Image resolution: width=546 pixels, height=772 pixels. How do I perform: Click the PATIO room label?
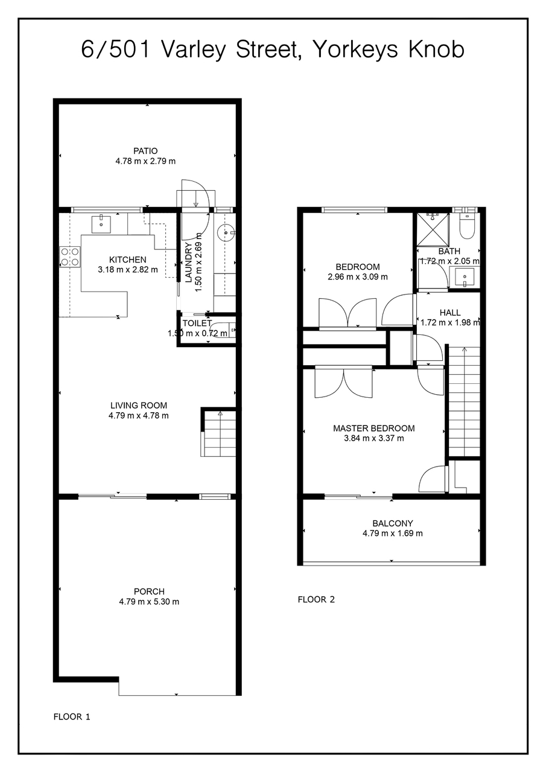coord(145,151)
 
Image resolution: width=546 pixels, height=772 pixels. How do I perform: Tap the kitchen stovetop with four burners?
coord(70,257)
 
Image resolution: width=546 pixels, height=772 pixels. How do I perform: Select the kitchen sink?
coord(101,224)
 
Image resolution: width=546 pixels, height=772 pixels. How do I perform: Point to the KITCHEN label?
coord(128,260)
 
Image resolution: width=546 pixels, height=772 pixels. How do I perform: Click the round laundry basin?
coord(226,233)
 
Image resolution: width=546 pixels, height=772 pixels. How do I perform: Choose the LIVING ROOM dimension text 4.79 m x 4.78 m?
coord(139,416)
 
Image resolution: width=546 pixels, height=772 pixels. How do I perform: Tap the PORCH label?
coord(149,592)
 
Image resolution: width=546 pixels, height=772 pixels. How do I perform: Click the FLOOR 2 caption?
coord(316,600)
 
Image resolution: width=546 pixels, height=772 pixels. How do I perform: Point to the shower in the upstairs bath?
coord(433,229)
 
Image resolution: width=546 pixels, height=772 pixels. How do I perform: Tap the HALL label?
coord(450,313)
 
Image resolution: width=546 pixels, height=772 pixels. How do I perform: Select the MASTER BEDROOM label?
coord(374,429)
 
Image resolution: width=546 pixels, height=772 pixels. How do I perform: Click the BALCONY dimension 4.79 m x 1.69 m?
coord(392,534)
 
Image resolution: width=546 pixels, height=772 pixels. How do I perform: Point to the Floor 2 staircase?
coord(464,401)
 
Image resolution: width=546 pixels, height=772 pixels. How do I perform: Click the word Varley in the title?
coord(192,50)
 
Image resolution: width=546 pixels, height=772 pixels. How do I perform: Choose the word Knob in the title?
coord(436,49)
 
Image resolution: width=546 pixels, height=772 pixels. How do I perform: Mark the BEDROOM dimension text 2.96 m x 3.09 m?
coord(358,276)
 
